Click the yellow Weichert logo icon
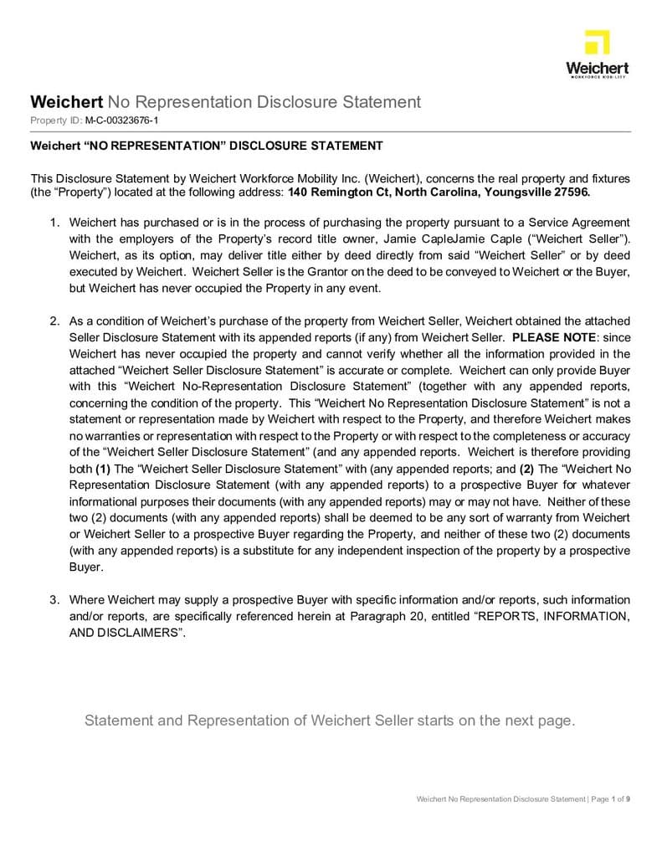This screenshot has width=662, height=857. coord(597,43)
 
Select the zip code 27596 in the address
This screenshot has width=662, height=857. coord(572,192)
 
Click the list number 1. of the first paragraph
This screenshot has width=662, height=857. coord(54,223)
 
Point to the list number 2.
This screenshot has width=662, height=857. coord(54,321)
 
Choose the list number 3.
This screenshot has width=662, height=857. coord(54,600)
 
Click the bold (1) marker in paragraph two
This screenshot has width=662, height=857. coord(103,469)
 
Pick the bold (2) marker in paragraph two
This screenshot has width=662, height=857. coord(527,469)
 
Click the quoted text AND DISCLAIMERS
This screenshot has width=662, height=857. coord(126,633)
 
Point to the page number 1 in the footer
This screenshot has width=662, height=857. coord(613,799)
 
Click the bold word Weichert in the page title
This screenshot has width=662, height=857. coord(66,102)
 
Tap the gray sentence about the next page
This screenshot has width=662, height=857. coord(330,721)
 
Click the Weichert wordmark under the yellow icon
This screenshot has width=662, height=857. coord(597,67)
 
